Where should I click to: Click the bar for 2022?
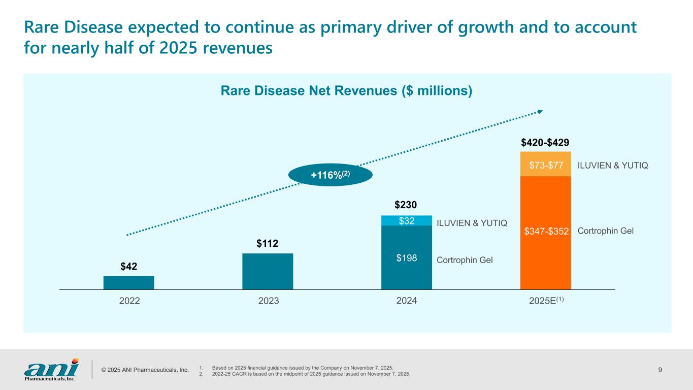(128, 282)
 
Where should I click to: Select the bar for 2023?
(268, 271)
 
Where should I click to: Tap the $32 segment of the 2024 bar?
(406, 220)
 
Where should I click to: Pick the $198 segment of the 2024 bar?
(406, 257)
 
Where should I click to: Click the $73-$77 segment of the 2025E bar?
(545, 165)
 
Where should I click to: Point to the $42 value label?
(129, 266)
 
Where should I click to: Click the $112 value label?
(267, 244)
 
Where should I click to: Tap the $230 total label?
(406, 205)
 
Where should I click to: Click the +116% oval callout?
(330, 175)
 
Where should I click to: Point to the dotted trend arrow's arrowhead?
(540, 112)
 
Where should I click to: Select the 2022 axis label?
(129, 301)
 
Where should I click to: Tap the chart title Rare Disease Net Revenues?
(347, 91)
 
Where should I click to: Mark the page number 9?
(659, 369)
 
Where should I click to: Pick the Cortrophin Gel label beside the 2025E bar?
(606, 231)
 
